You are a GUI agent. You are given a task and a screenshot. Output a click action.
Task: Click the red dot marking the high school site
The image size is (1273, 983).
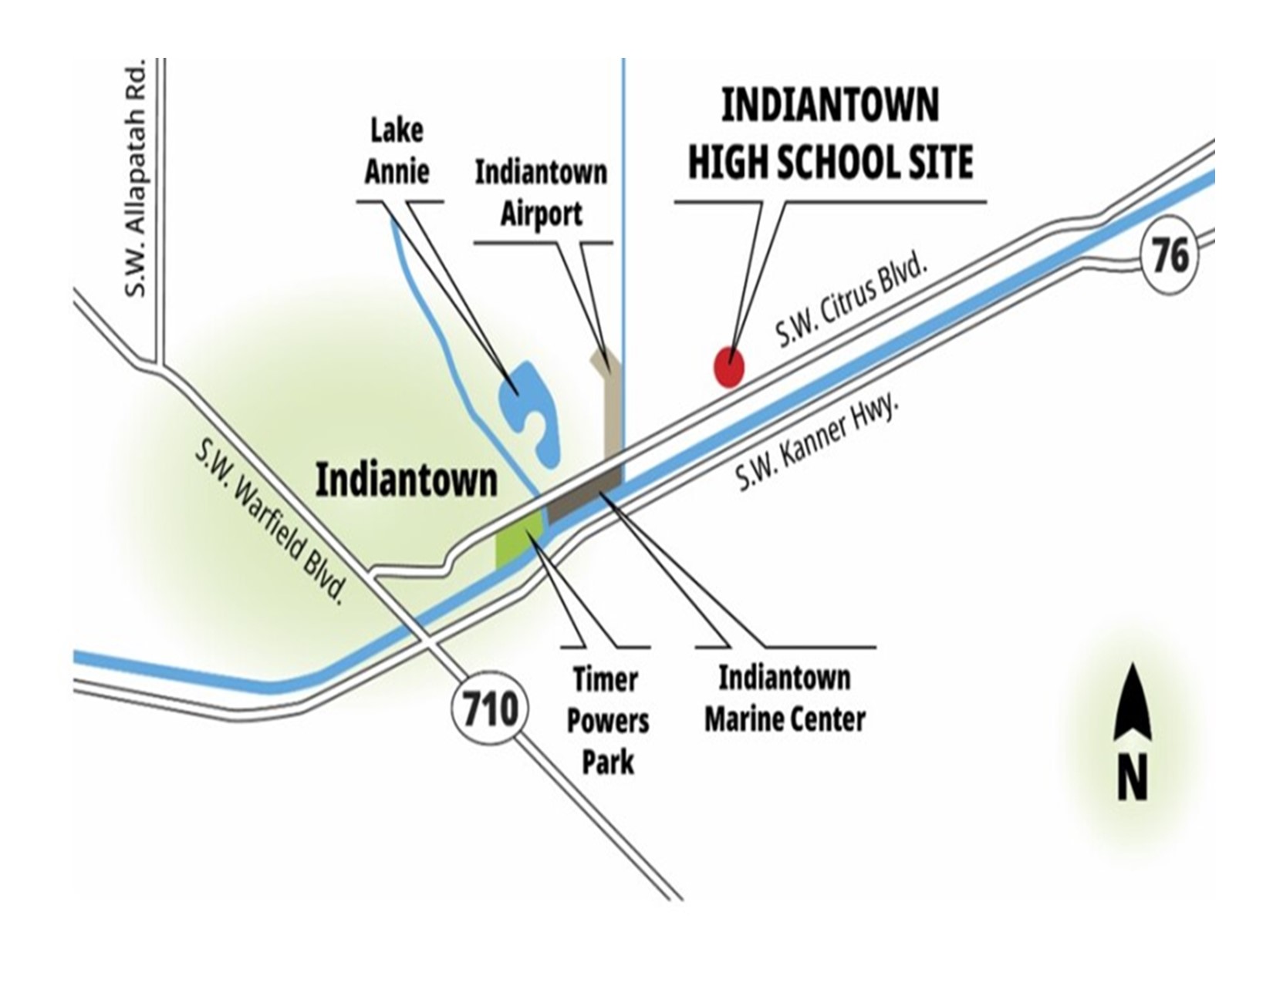[728, 367]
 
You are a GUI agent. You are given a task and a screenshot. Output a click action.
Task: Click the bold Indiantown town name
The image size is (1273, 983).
[407, 481]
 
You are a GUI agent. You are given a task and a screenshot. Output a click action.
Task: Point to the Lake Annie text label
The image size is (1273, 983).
[397, 151]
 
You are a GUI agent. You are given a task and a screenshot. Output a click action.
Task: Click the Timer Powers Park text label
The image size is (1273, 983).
[608, 722]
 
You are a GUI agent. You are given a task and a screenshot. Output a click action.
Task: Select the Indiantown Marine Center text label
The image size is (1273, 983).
[785, 699]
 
